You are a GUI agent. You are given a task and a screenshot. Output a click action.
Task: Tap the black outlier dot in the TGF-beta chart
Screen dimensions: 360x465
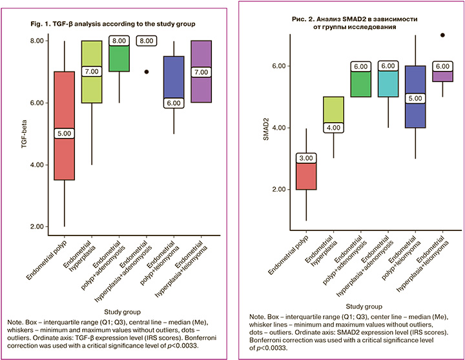(x=146, y=72)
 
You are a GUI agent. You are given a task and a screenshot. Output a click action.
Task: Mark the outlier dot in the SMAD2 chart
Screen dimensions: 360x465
(x=442, y=35)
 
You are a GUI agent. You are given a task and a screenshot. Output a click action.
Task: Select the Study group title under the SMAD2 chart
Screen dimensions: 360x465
(x=365, y=306)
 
